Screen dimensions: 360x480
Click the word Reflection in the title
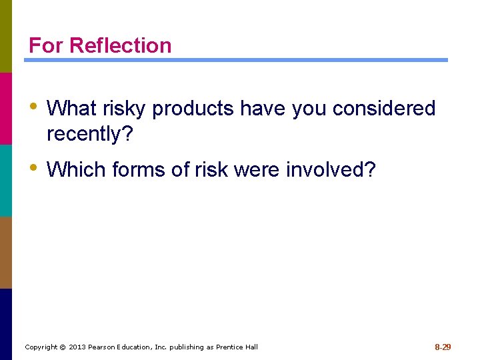pos(120,45)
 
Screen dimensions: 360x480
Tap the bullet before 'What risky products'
pos(34,107)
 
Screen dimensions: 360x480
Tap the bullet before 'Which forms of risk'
pos(34,168)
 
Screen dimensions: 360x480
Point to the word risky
pos(124,109)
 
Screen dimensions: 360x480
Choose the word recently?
pos(90,134)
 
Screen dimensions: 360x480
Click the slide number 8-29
pos(443,347)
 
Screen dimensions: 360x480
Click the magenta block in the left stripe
pos(6,108)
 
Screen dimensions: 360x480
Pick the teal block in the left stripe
pos(6,180)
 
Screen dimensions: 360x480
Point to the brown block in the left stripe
pos(6,252)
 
